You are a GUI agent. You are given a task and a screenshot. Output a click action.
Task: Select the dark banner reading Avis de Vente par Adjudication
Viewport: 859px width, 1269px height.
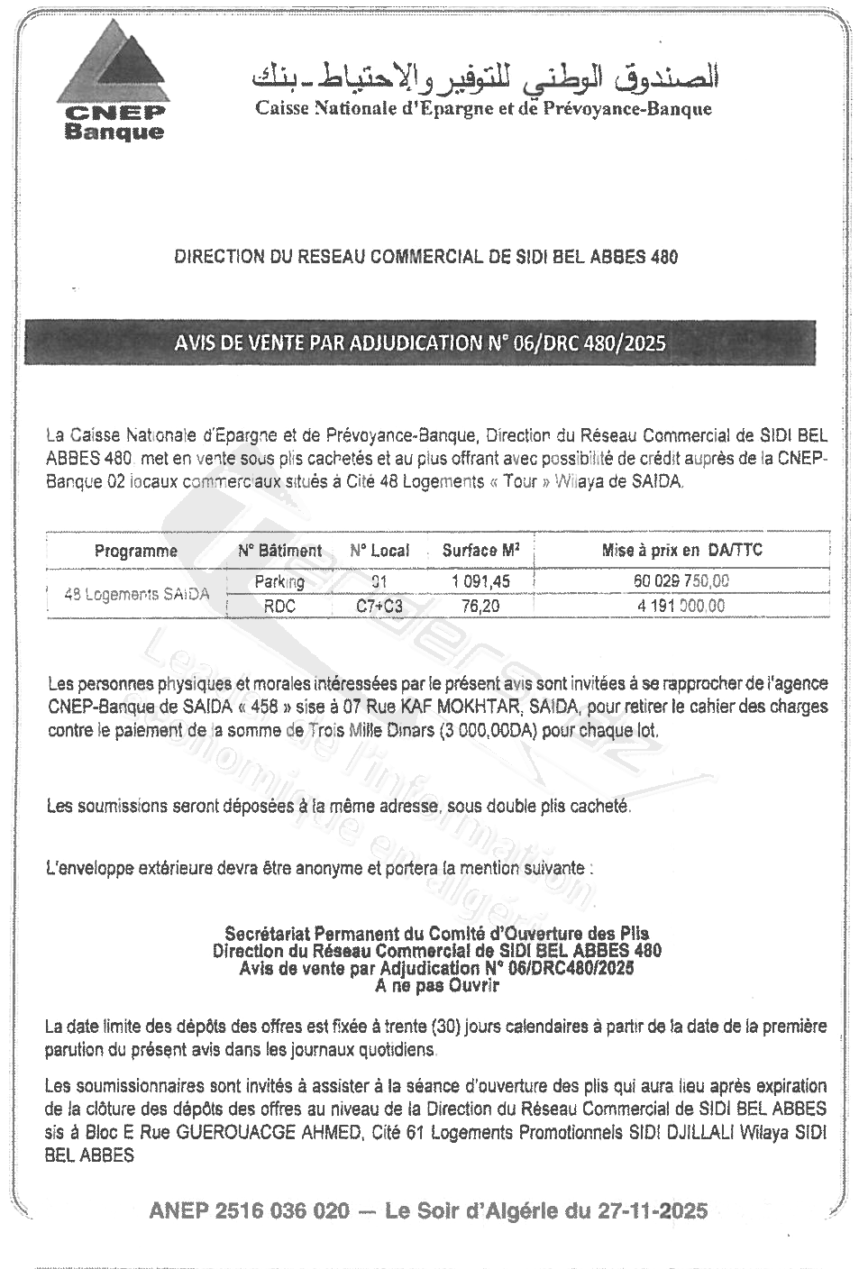[x=420, y=342]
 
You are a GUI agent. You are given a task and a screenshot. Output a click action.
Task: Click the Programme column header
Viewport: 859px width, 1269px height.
[x=136, y=551]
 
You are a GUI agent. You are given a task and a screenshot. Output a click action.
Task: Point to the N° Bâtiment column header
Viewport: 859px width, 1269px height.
[x=279, y=551]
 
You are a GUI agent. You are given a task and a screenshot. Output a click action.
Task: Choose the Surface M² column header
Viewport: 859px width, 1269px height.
[x=480, y=550]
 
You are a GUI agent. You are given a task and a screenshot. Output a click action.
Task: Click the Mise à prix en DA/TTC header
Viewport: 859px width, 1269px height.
[x=681, y=550]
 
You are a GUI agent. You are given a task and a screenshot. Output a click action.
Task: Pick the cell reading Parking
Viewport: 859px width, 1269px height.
[x=279, y=581]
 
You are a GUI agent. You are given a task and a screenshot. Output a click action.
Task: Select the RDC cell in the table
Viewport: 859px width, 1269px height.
[x=279, y=606]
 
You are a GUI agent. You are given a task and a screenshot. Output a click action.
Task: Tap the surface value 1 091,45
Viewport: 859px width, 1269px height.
[x=480, y=582]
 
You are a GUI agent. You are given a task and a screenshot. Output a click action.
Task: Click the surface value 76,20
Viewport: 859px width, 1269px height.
[x=480, y=607]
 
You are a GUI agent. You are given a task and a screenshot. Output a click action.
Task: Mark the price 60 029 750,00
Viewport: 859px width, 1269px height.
[x=681, y=581]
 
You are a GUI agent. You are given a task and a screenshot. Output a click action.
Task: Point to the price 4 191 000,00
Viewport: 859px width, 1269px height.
[x=681, y=606]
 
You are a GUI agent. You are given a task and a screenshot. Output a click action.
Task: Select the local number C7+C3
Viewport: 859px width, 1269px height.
[x=379, y=607]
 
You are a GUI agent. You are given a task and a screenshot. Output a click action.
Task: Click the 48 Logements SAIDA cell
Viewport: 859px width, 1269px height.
[x=136, y=594]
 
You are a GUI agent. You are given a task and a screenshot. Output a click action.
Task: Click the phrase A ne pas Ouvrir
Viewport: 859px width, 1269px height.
[x=437, y=985]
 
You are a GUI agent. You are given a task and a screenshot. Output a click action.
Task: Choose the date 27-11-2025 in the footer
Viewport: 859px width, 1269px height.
[x=653, y=1210]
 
